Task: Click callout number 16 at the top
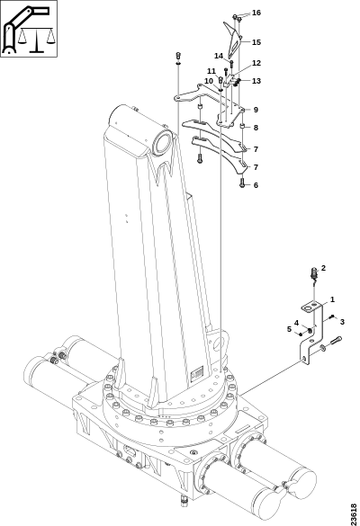point(256,13)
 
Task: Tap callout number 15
point(256,42)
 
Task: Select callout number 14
point(219,56)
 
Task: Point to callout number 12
point(256,63)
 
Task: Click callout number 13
point(256,81)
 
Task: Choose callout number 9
point(256,110)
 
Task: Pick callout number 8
point(256,128)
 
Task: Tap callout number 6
point(256,185)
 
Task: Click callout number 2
point(323,268)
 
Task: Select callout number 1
point(332,299)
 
